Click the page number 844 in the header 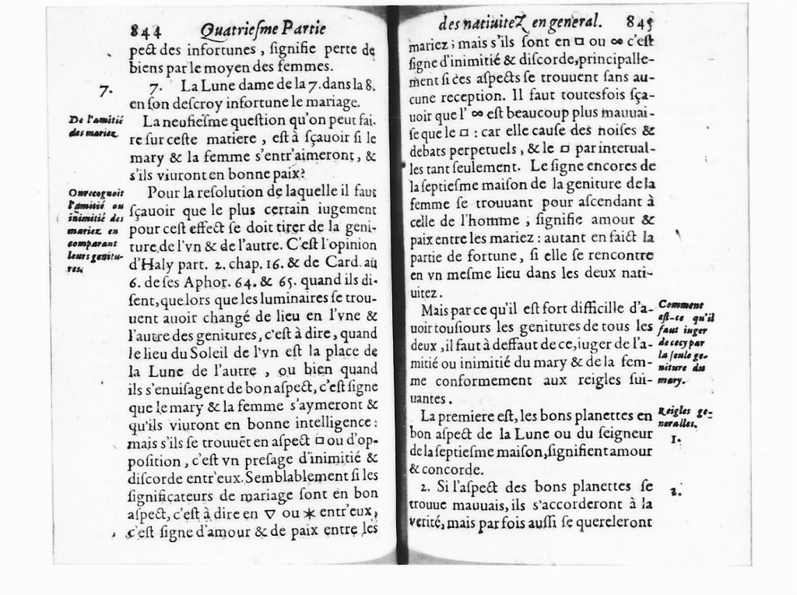tap(146, 31)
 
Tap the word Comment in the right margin tap(679, 305)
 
